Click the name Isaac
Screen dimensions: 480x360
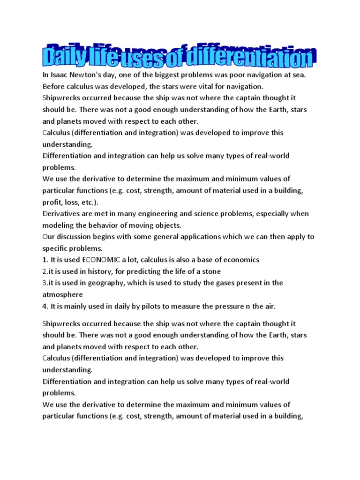(x=60, y=75)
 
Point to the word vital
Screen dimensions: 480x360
(x=200, y=86)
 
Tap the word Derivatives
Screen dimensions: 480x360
(x=62, y=213)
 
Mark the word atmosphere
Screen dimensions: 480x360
(x=62, y=294)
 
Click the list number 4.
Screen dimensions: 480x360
(x=45, y=306)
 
